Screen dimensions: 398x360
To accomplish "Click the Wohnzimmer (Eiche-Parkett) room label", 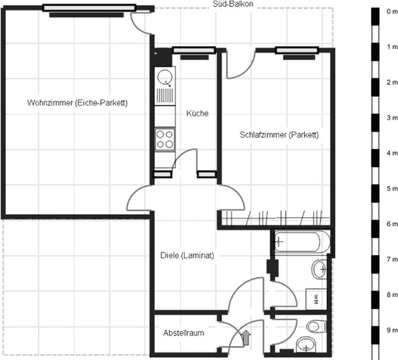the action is pos(77,103).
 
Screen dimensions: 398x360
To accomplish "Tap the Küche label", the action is pos(197,113).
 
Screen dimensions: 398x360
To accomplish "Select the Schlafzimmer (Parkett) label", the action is pos(279,134).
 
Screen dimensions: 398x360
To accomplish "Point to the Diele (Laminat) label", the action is pos(187,255).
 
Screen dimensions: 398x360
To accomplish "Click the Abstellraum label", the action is pos(184,333).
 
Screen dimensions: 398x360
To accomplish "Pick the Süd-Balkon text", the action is pos(233,4).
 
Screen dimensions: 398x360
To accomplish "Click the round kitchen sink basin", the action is pos(165,77).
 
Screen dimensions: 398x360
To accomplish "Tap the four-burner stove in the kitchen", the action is pos(165,139).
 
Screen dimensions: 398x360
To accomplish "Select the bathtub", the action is pos(301,242).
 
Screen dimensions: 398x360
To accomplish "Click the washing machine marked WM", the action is pos(316,299).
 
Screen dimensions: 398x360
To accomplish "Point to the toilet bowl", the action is pos(316,327).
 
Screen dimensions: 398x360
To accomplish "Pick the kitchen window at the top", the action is pos(194,51).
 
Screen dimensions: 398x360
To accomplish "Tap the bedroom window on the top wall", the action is pos(297,51).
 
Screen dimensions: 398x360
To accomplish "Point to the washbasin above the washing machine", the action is pos(319,270).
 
